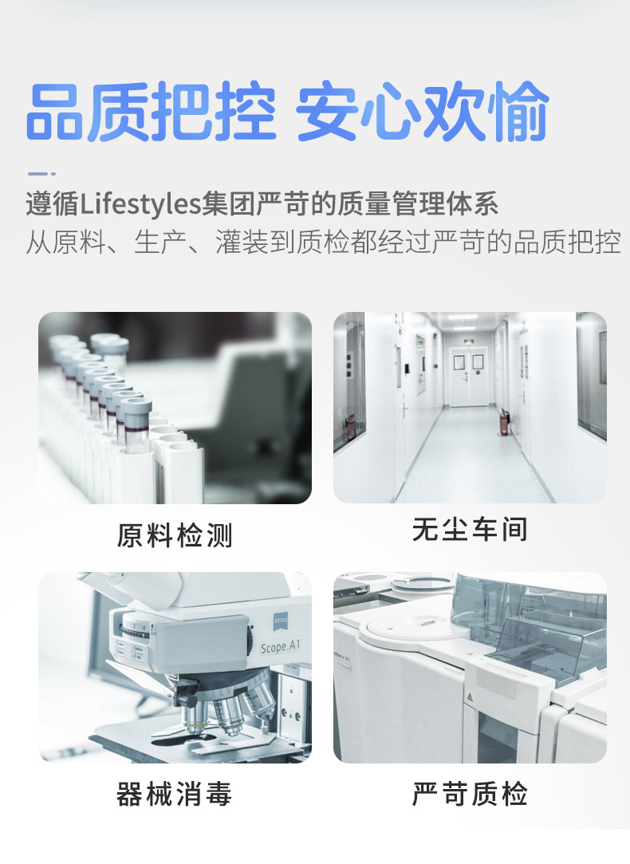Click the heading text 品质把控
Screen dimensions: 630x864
(151, 112)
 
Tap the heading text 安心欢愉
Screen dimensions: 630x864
(423, 112)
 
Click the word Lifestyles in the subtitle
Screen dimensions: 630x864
(140, 204)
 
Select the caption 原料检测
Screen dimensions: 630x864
(175, 535)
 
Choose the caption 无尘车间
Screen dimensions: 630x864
(470, 530)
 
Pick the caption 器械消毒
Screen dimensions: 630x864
(174, 794)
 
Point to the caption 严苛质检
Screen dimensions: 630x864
(470, 794)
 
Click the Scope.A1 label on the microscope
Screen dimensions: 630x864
(280, 646)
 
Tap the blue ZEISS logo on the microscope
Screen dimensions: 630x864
(281, 621)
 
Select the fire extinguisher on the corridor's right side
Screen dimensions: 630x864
(502, 421)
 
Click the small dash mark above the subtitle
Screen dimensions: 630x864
(41, 174)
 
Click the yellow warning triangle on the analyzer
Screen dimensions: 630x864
(470, 697)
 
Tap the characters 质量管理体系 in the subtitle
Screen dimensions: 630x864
(417, 204)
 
